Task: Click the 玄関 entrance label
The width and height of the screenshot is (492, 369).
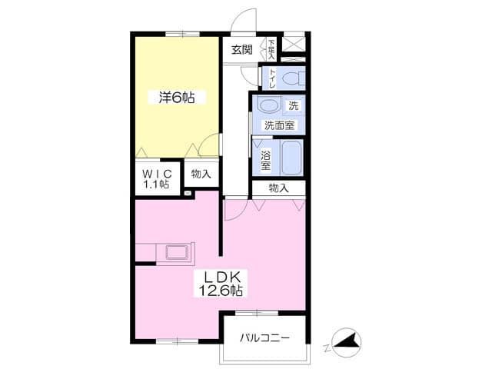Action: [242, 49]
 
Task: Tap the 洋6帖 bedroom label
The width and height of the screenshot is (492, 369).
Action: [177, 98]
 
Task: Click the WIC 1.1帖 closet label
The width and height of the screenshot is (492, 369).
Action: [157, 178]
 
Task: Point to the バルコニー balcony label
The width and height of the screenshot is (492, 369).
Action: [264, 338]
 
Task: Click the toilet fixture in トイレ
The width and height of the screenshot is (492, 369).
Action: [292, 78]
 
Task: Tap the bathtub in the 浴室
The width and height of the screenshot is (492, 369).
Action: [291, 158]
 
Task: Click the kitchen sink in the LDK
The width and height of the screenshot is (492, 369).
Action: [178, 252]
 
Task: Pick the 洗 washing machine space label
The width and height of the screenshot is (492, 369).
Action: [294, 106]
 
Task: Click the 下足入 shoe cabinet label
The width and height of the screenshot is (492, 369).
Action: [271, 49]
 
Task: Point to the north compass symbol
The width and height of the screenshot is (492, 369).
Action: [346, 342]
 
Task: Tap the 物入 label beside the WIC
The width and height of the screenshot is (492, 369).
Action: [201, 174]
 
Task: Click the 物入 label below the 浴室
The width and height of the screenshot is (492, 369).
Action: [278, 188]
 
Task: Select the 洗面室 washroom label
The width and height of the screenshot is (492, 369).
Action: [279, 125]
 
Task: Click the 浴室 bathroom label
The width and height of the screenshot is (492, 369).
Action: [266, 161]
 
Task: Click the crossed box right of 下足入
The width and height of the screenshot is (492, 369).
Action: [294, 44]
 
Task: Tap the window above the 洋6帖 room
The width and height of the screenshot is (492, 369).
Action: [182, 34]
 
